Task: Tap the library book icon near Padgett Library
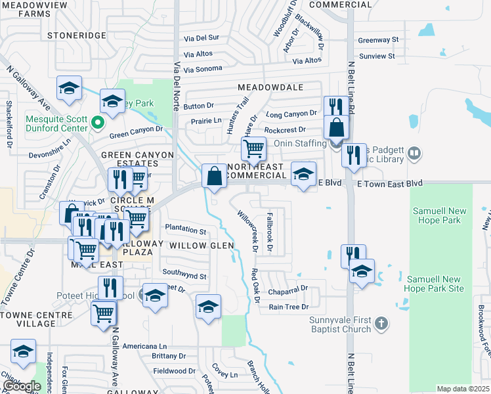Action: coord(414,154)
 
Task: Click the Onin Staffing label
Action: coord(300,144)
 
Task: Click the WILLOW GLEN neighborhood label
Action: coord(202,245)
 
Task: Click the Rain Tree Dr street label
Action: coord(288,307)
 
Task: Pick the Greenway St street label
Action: coord(378,40)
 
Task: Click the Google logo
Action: coord(22,386)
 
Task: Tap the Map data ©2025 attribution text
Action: coord(463,389)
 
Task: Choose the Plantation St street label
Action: coord(186,230)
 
